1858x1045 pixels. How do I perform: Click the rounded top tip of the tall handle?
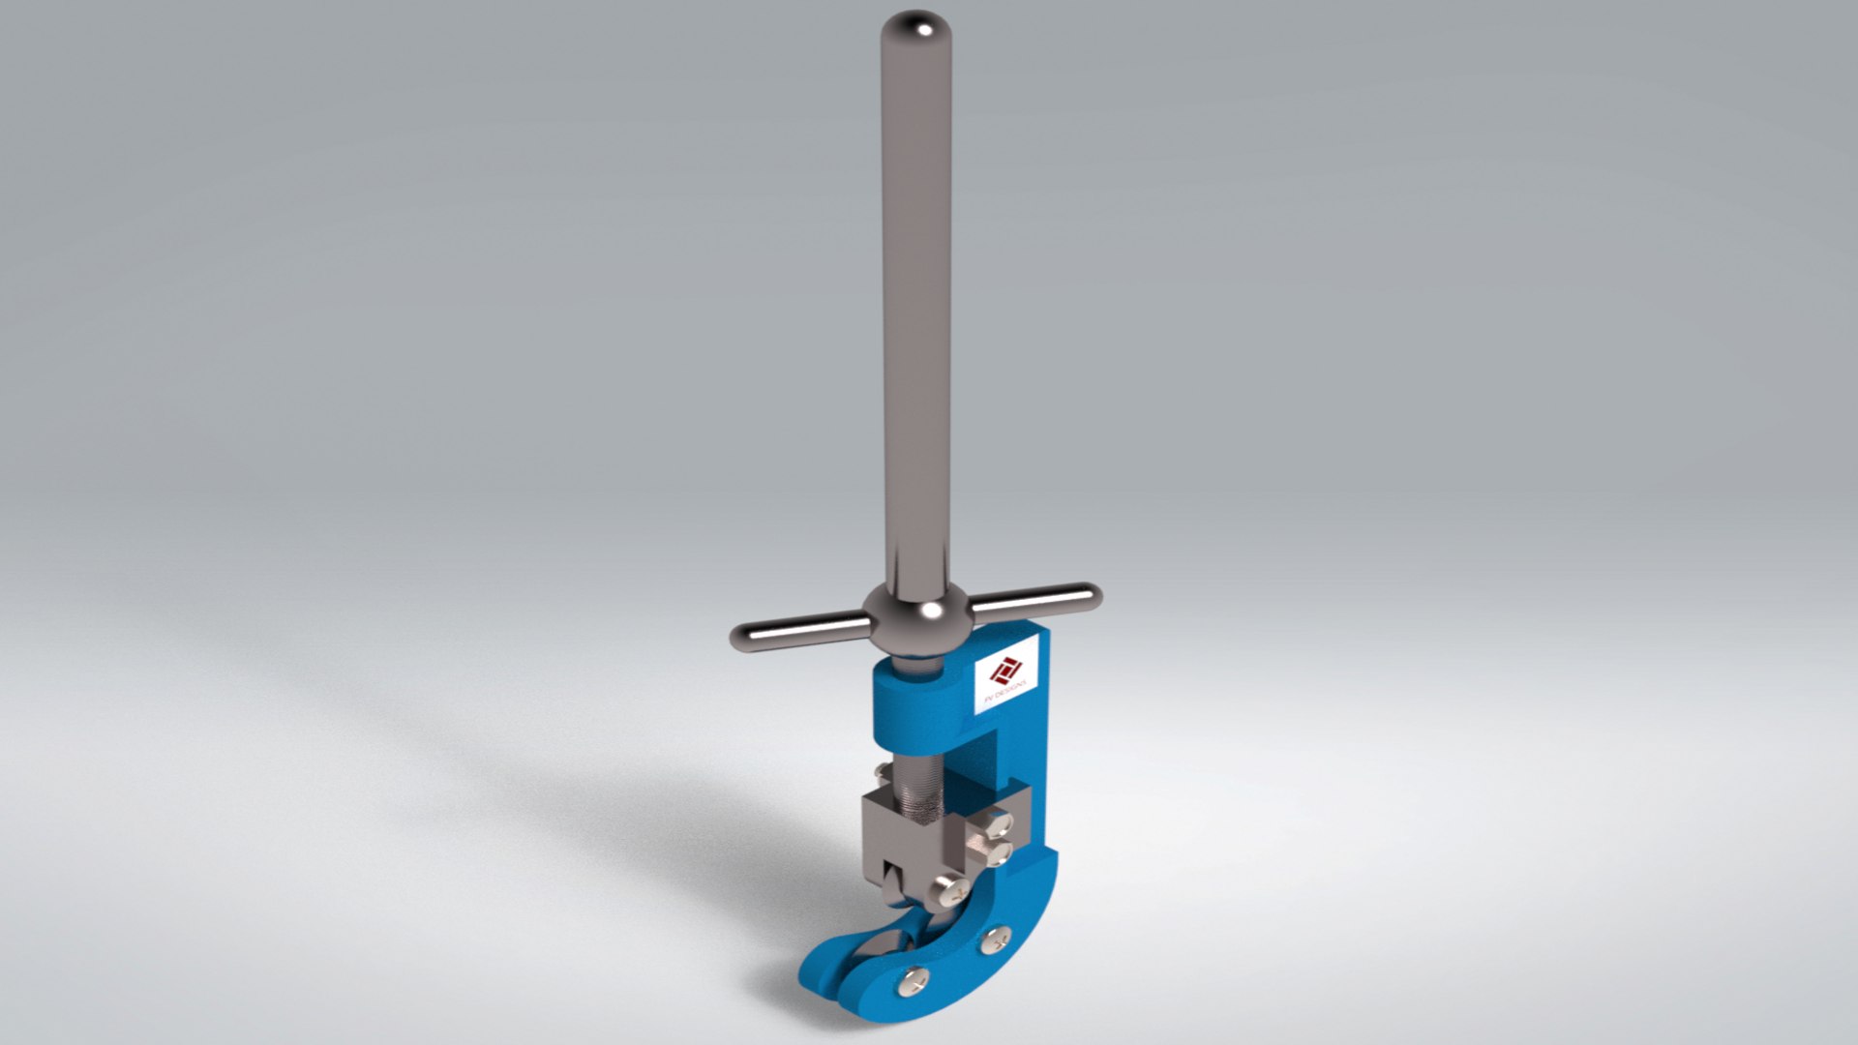click(x=916, y=27)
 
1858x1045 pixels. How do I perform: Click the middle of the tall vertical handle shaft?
click(x=915, y=319)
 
